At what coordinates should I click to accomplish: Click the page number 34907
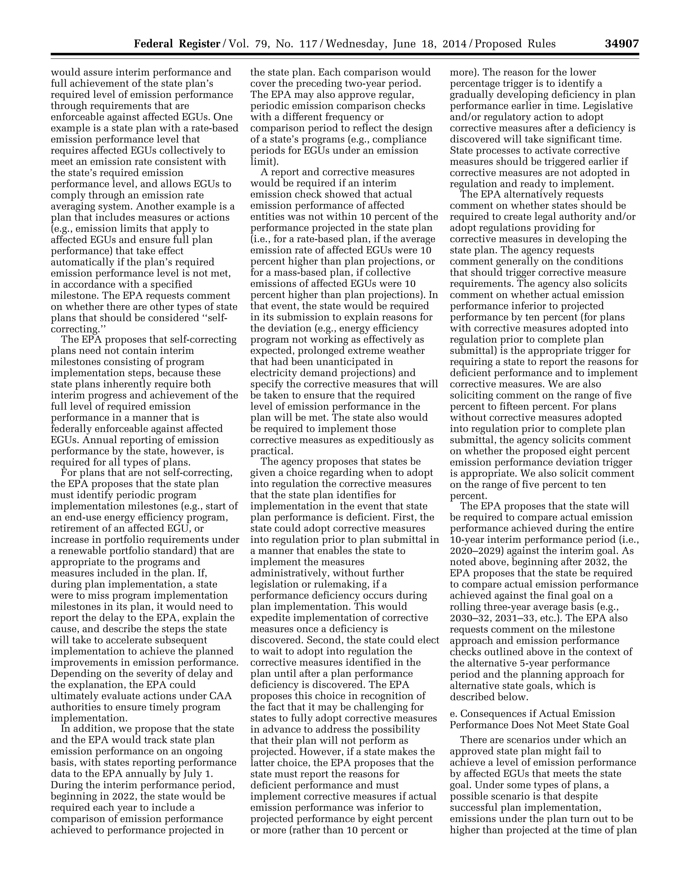(x=621, y=44)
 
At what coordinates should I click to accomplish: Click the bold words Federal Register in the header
(x=177, y=44)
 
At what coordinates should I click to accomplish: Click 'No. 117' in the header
(x=297, y=44)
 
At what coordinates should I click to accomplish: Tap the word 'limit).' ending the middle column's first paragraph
(x=264, y=161)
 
